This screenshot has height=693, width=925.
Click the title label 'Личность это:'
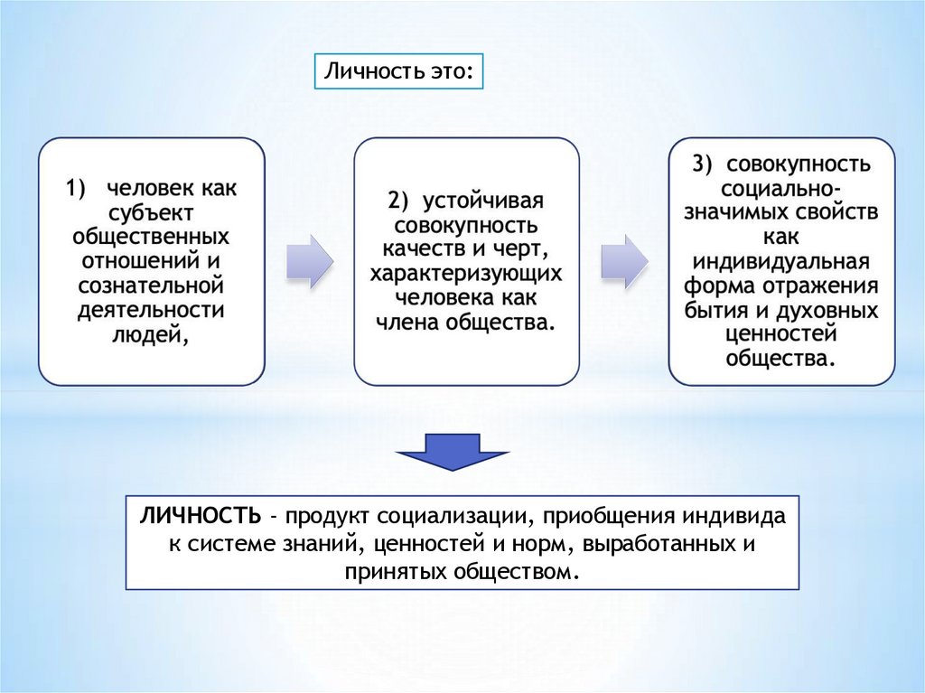coord(398,70)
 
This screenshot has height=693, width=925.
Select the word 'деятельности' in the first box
coord(152,311)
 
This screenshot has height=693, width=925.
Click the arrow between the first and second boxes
coord(309,262)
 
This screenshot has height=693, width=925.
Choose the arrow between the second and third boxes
coord(624,262)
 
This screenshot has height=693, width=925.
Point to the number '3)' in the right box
coord(703,164)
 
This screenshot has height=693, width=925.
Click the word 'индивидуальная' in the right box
coord(781,262)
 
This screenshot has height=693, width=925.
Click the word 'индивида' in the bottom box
coord(745,518)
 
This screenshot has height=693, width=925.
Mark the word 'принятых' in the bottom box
coord(390,572)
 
